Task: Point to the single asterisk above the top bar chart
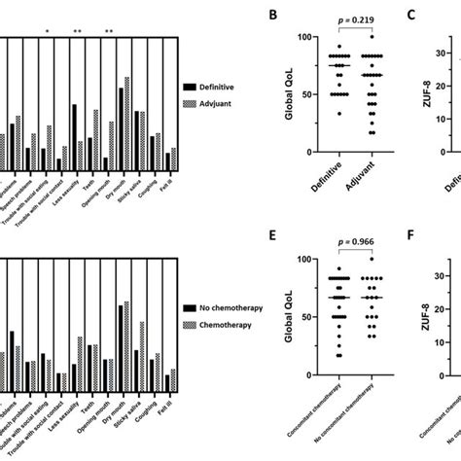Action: pyautogui.click(x=48, y=32)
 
